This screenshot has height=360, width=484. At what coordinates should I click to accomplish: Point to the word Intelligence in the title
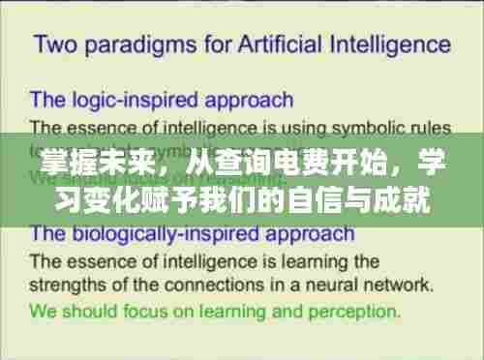coord(391,45)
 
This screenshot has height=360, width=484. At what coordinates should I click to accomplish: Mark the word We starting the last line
coord(45,312)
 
